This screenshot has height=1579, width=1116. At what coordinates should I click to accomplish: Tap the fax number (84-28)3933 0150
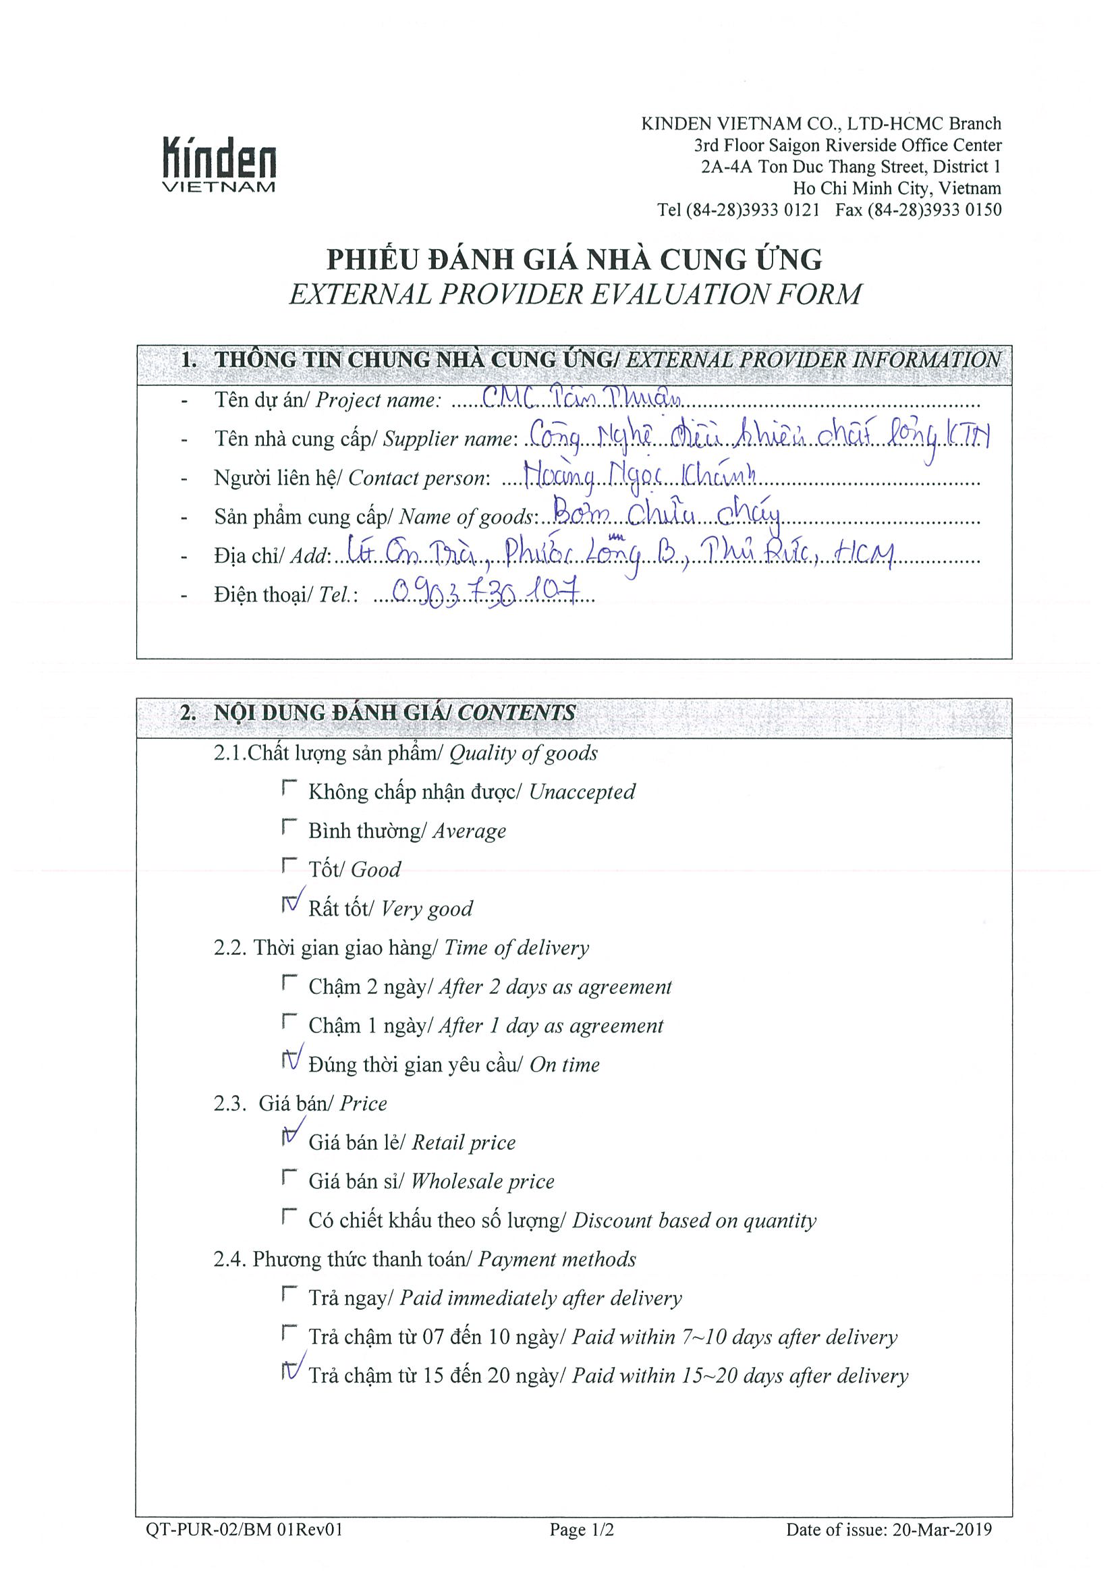[x=919, y=211]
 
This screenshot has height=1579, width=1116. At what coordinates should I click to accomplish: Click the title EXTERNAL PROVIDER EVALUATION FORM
[x=575, y=294]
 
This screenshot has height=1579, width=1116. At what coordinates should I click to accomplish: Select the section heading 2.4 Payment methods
[x=424, y=1259]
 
